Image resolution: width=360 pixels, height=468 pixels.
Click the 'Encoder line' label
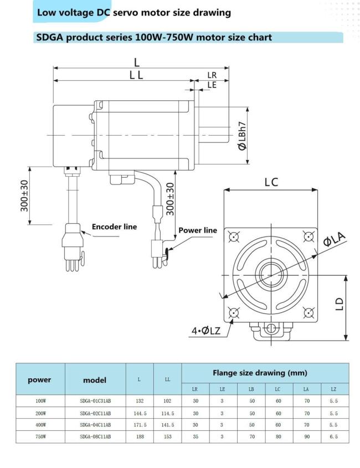114,227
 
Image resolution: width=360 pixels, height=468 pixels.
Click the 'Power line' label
197,230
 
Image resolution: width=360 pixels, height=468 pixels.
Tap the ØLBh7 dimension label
241,135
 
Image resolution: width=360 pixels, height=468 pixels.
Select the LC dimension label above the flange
271,182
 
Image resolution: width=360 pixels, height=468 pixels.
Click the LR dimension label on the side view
212,75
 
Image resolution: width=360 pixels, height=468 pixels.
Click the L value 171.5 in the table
140,425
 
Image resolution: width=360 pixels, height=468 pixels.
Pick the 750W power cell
40,436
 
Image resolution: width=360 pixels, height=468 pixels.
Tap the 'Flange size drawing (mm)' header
265,373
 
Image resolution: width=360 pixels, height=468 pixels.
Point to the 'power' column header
40,379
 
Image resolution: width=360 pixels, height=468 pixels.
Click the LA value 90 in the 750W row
306,436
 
